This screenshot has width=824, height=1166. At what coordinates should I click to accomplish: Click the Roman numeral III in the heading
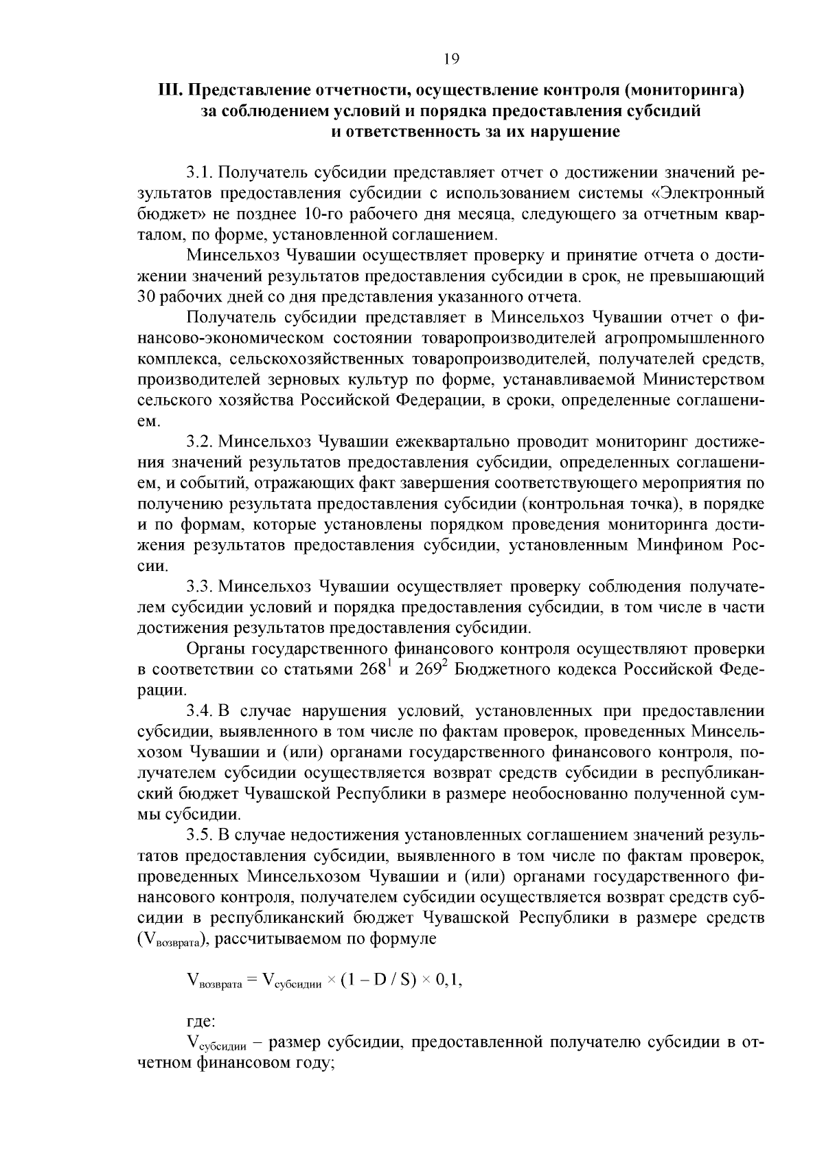(169, 91)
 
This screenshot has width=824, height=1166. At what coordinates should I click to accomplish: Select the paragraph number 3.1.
(199, 170)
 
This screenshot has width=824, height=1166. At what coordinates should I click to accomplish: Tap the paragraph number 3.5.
(199, 836)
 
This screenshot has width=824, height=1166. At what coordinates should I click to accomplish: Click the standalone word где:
(202, 1022)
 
